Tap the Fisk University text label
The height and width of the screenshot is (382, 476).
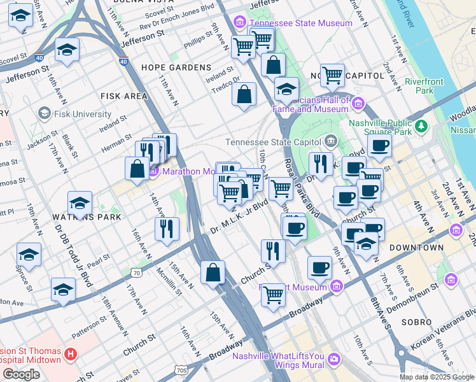click(83, 114)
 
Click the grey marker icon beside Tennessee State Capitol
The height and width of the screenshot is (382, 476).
click(330, 141)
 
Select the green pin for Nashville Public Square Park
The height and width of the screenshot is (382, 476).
click(420, 127)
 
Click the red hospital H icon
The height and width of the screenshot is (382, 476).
click(71, 352)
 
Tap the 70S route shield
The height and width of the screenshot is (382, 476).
click(181, 369)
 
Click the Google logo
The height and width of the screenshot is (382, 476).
click(21, 374)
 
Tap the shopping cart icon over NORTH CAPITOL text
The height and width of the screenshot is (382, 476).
click(332, 75)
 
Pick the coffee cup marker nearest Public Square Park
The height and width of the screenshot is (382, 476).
click(379, 146)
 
